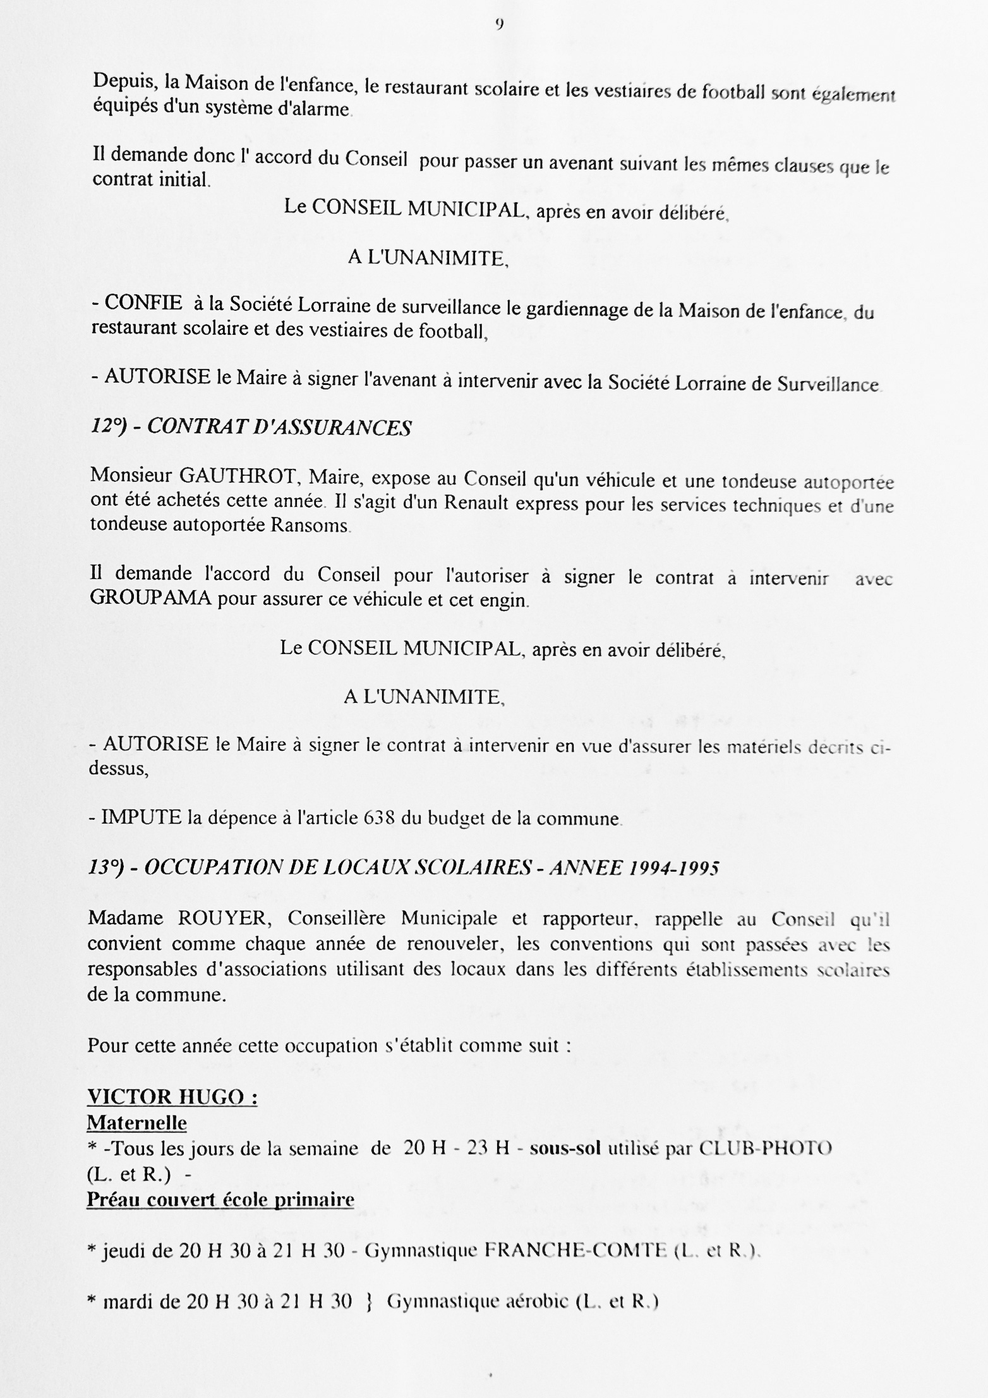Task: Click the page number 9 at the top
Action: click(x=499, y=25)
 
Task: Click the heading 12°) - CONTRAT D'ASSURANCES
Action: click(x=251, y=428)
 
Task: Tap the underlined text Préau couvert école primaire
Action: click(x=220, y=1200)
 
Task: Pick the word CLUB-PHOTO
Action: click(x=765, y=1148)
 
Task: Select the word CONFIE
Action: click(x=143, y=303)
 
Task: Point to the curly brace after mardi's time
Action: click(x=369, y=1302)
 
